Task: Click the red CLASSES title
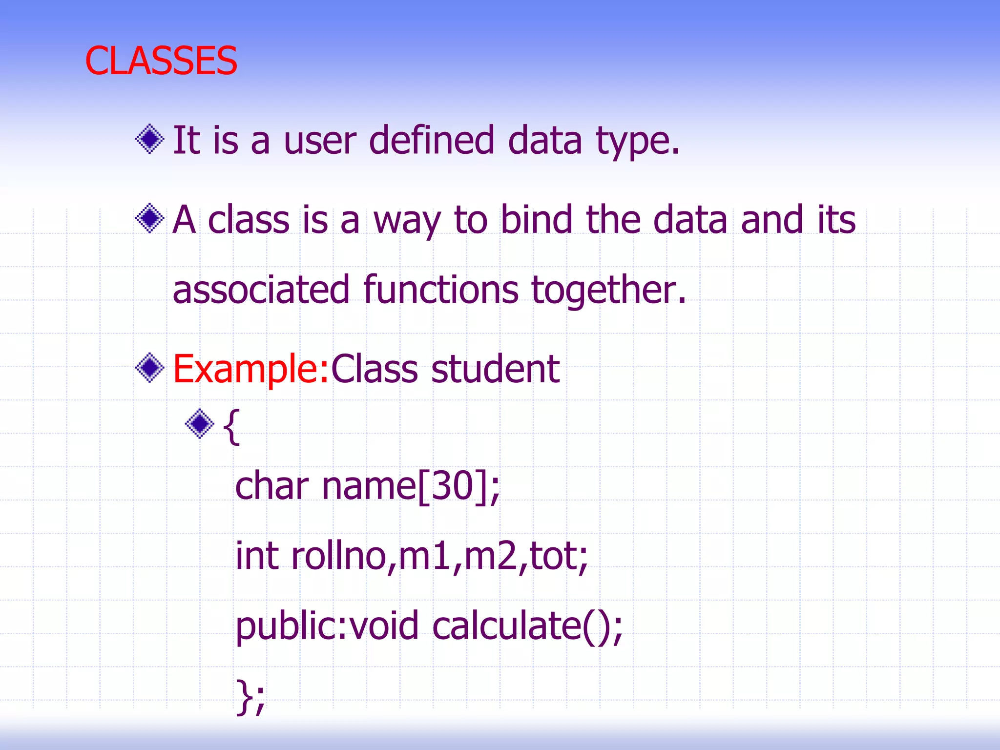161,61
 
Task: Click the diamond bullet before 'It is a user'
149,139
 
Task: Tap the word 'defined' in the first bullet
432,140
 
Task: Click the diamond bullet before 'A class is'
149,218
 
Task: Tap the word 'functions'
440,290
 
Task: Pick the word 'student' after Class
495,370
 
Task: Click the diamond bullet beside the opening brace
200,423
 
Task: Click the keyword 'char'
272,486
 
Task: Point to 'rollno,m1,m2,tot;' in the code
439,557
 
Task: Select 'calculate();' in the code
527,626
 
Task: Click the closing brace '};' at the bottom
250,697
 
